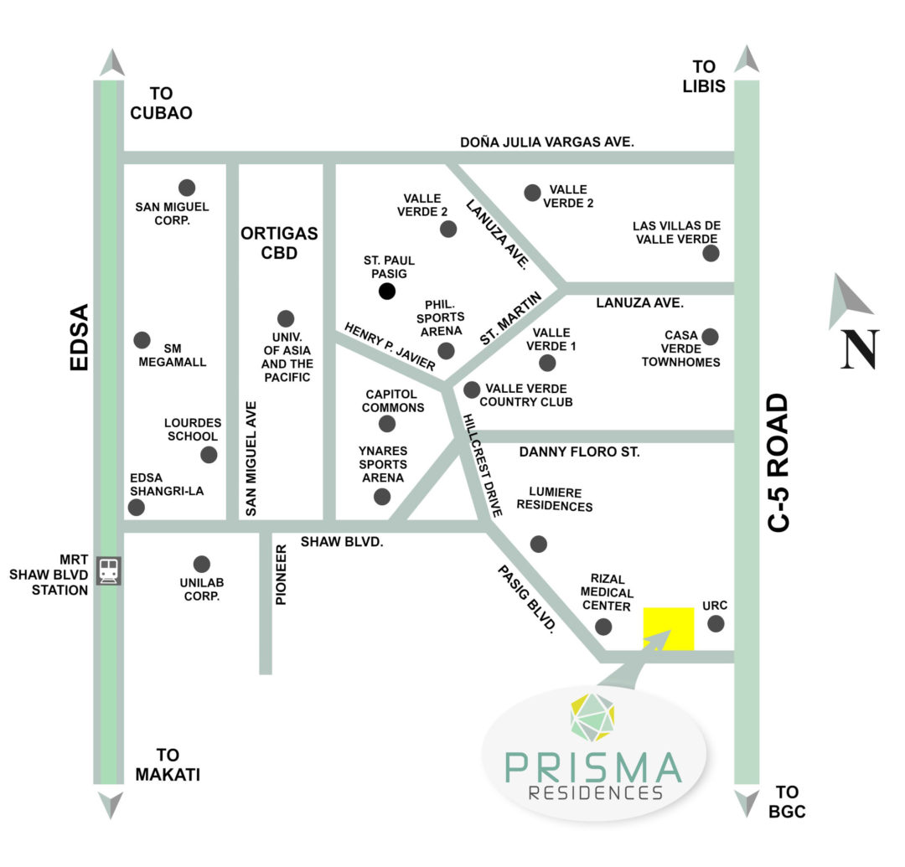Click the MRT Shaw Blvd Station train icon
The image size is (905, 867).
coord(108,571)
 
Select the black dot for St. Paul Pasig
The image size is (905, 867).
coord(386,292)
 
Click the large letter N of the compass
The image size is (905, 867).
coord(861,349)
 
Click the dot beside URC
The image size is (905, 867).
coord(716,623)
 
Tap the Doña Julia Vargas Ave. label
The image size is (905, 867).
coord(547,142)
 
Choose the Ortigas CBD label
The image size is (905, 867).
coord(280,242)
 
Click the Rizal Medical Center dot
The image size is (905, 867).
coord(602,627)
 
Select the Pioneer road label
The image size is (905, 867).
coord(282,575)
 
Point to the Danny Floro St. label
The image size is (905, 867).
coord(579,452)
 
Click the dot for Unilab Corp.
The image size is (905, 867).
coord(201,564)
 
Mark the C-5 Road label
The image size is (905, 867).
coord(779,462)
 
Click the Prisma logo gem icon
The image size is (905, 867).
coord(593,717)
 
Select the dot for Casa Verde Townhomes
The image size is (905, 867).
coord(710,337)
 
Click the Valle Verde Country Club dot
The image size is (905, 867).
coord(472,390)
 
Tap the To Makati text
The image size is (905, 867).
coord(168,765)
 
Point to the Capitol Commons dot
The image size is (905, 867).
coord(387,424)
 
